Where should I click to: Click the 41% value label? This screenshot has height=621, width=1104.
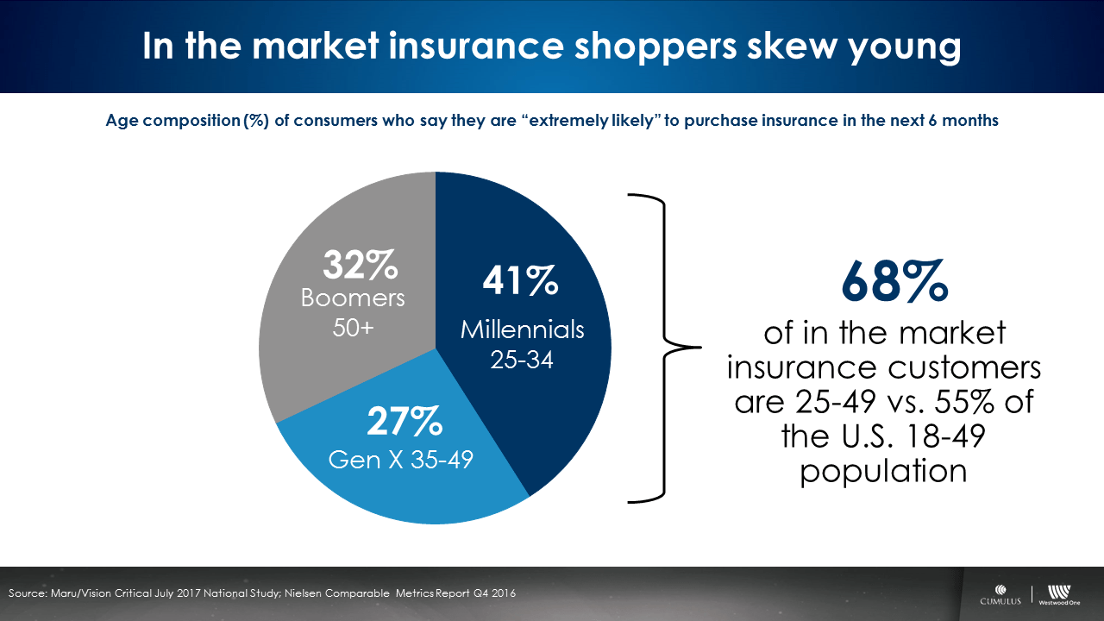tap(521, 282)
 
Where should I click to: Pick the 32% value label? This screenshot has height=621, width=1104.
tap(361, 266)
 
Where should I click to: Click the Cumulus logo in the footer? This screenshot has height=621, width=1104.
tap(1000, 596)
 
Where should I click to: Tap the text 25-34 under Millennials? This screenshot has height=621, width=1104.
tap(522, 361)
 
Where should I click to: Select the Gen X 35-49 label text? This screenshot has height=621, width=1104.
tap(401, 460)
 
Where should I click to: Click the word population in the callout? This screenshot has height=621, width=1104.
tap(882, 472)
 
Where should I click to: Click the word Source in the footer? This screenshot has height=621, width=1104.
tap(28, 593)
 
